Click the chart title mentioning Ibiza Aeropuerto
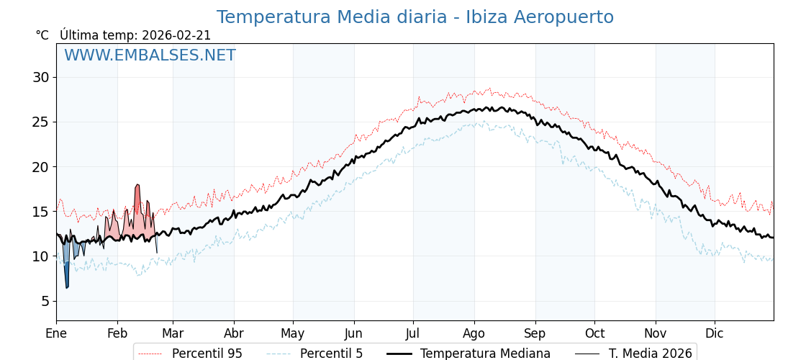pos(415,18)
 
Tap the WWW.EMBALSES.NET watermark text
pos(150,56)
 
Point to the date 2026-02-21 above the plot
pos(176,36)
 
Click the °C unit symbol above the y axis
pos(42,36)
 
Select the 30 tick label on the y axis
pos(40,78)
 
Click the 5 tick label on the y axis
pos(45,301)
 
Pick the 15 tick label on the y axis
pos(40,212)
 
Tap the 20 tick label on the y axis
pos(40,167)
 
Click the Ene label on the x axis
pos(56,334)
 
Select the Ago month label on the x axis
pos(474,334)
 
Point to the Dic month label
pos(715,334)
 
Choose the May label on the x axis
pos(293,334)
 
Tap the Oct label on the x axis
pos(594,334)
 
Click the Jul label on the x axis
pos(413,334)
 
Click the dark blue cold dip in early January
pos(67,274)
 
